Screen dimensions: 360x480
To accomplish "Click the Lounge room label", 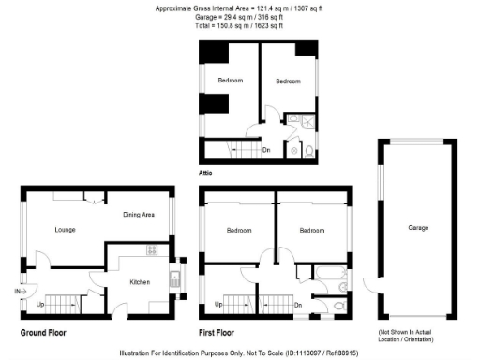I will [65, 229].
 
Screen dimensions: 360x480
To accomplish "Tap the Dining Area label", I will [139, 216].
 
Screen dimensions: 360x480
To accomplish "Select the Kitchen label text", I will [140, 281].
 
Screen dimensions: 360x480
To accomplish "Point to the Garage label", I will [418, 228].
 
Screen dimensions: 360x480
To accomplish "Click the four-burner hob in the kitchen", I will [152, 250].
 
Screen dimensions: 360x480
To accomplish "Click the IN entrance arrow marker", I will [19, 292].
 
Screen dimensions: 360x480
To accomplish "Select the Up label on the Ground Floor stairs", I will [40, 305].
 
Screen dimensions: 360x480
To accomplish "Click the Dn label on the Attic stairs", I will [266, 149].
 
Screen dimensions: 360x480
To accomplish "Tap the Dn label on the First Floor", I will [299, 305].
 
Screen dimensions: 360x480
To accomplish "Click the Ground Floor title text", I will [43, 332].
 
